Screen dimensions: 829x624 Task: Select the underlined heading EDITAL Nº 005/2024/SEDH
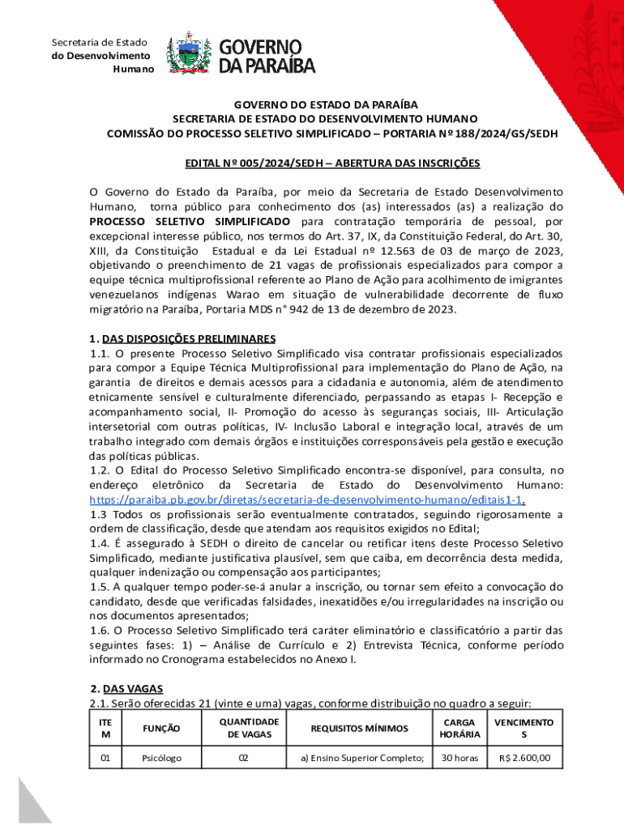(332, 164)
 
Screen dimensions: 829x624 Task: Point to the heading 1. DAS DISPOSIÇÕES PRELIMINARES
(183, 338)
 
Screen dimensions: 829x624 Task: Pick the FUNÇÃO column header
(161, 728)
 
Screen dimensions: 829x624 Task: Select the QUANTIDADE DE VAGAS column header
(249, 728)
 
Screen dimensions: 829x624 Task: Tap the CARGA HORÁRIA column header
(459, 728)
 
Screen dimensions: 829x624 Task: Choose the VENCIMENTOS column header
(524, 728)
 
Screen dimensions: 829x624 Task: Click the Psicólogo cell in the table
(161, 759)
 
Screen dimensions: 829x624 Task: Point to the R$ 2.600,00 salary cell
(524, 759)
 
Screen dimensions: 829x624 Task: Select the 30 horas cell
(459, 759)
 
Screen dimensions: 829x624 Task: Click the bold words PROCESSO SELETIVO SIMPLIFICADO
(190, 221)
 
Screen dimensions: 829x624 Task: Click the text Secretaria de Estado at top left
(100, 42)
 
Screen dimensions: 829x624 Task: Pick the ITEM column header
(105, 728)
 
